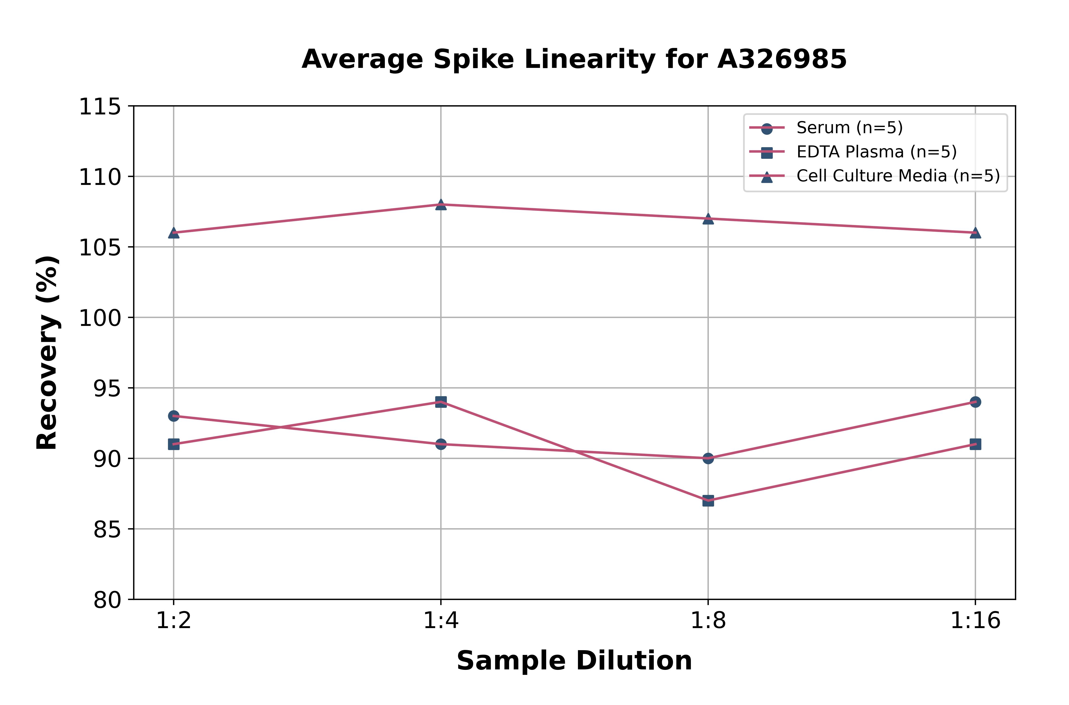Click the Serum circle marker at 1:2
[174, 416]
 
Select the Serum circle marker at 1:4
[441, 444]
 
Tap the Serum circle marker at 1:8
[708, 458]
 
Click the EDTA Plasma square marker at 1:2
[174, 444]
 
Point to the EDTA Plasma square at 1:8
[708, 500]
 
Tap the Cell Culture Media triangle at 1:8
[708, 219]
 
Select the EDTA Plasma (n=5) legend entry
[876, 152]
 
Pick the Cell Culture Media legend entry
[897, 176]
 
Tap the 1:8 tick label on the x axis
[708, 621]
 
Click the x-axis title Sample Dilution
[574, 661]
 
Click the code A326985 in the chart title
[782, 59]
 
